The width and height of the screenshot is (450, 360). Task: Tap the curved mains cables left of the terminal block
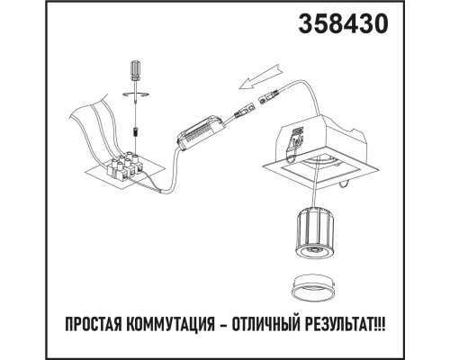click(90, 126)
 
